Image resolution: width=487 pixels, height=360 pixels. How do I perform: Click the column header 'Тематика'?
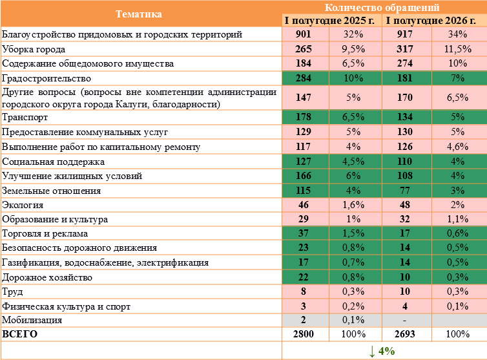click(139, 14)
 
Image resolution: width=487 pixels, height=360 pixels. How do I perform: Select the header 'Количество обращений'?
click(382, 7)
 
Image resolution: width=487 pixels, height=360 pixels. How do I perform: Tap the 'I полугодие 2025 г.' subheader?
click(329, 21)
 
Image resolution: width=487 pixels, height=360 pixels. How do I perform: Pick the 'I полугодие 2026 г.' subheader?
click(431, 21)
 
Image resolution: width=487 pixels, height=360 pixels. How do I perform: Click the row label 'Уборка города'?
click(34, 49)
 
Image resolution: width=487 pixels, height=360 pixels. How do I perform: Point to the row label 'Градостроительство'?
click(47, 78)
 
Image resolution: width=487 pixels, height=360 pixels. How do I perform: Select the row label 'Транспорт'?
click(25, 117)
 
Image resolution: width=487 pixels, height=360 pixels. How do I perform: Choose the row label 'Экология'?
click(23, 205)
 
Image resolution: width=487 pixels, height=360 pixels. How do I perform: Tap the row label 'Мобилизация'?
click(32, 320)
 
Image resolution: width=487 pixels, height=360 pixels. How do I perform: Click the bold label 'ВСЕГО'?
click(19, 334)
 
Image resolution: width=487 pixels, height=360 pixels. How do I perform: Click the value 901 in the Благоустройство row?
click(304, 34)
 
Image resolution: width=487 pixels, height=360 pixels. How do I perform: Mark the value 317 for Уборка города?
click(405, 49)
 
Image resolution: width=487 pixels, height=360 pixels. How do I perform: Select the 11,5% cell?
click(457, 49)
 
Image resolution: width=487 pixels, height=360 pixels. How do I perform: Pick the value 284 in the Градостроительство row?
click(304, 78)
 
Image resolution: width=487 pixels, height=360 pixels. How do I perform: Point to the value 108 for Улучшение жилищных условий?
click(405, 176)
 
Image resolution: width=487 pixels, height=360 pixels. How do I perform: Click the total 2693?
click(405, 334)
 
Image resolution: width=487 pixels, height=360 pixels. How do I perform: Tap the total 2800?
click(304, 334)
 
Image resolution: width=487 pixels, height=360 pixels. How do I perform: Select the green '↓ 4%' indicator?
click(382, 351)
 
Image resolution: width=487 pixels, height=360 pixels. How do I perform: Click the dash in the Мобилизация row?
click(404, 320)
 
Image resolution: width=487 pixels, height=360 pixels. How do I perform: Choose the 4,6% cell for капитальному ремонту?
click(457, 147)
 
